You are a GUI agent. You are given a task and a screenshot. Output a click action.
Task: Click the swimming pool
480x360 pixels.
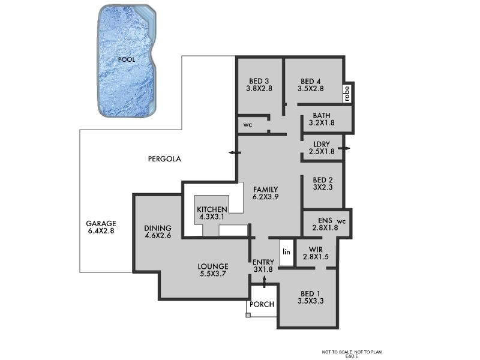point(127,60)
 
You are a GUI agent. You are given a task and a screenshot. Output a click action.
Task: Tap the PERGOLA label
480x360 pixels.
point(164,159)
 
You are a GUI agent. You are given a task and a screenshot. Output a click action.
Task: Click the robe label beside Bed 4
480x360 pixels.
point(346,94)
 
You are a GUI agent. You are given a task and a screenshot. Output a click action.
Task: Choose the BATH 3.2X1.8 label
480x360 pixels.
point(322,119)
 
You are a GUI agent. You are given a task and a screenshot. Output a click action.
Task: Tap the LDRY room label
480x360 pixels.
point(322,148)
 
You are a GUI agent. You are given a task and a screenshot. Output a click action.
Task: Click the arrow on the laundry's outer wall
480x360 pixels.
point(344,148)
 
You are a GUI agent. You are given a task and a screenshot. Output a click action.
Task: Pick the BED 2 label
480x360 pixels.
point(322,183)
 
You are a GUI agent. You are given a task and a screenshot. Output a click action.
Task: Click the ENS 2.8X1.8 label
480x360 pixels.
point(325,224)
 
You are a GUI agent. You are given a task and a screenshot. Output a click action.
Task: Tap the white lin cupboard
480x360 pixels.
point(286,253)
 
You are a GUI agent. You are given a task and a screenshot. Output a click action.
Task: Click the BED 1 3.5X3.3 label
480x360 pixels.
point(310,297)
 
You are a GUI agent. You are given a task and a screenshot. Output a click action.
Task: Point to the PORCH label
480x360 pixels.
point(262,304)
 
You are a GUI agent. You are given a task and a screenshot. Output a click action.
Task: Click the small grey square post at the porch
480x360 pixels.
point(248,314)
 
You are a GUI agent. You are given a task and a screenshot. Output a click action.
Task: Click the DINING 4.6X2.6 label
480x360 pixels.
point(158,232)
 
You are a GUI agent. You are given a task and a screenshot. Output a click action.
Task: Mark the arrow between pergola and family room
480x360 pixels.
point(234,153)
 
